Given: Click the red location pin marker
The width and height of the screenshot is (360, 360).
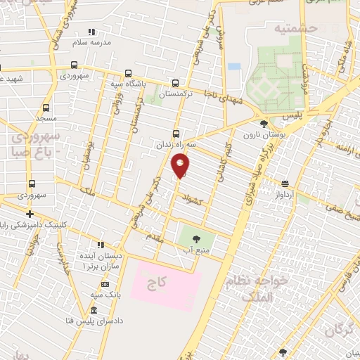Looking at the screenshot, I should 180,165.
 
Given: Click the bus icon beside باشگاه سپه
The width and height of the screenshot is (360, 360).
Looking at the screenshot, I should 127,73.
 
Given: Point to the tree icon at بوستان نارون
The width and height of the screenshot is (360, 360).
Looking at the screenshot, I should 264,122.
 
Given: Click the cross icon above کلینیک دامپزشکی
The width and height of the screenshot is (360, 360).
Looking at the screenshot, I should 30,214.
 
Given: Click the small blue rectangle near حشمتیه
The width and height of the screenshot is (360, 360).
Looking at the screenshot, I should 234,67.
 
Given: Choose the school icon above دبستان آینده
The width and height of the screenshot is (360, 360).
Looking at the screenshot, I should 101,244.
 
